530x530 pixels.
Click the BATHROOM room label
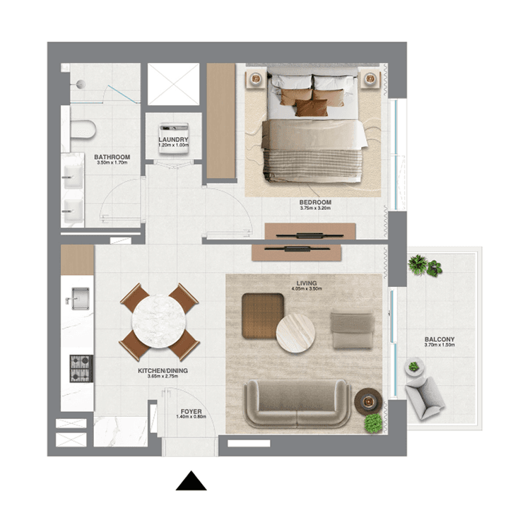click(x=112, y=157)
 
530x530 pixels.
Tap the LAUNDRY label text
click(x=173, y=140)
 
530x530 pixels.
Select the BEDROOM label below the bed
click(x=315, y=202)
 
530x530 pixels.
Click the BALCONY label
click(x=440, y=339)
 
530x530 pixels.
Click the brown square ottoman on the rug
click(x=263, y=314)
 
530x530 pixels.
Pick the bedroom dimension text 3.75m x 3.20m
click(x=315, y=209)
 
